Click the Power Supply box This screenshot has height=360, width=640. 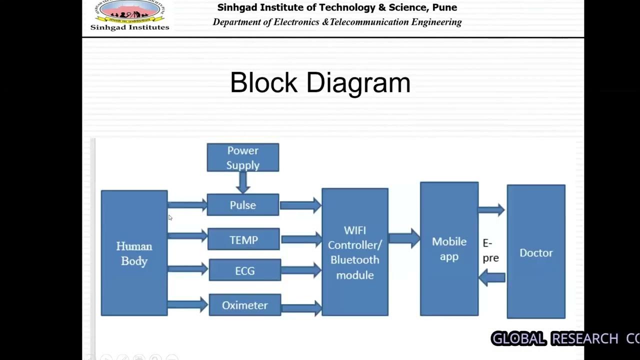(243, 157)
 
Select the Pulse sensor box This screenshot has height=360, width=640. (243, 205)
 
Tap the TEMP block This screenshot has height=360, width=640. (243, 240)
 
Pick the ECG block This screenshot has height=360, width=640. (244, 270)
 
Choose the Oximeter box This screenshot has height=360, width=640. (244, 305)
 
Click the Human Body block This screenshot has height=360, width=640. (134, 253)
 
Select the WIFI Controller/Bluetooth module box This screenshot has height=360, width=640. (354, 252)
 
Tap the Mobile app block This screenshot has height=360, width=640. (449, 249)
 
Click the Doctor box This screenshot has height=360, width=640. (536, 252)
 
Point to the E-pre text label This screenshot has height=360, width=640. (490, 250)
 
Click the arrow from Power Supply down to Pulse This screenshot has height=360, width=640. (243, 182)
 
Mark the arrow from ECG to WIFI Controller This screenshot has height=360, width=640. (301, 270)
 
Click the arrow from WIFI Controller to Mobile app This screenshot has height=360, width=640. (404, 238)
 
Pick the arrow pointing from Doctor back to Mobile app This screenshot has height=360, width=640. (492, 277)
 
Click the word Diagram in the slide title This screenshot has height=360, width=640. (358, 82)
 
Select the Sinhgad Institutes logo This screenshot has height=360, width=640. (129, 15)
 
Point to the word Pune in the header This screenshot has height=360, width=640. (445, 7)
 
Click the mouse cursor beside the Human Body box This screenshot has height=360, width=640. (170, 217)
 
